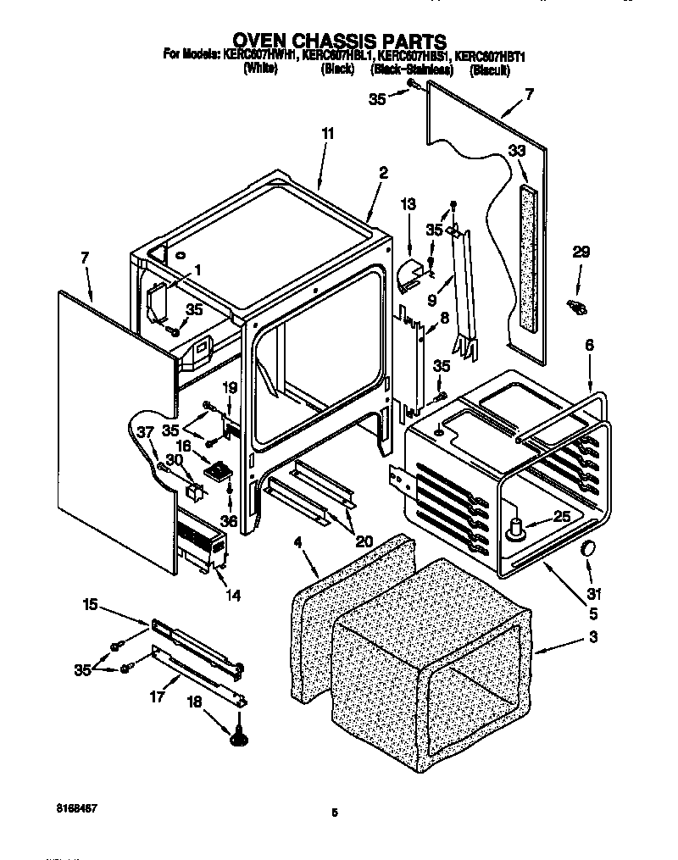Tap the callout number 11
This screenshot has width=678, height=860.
(x=327, y=134)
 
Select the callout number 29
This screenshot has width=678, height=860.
(x=581, y=252)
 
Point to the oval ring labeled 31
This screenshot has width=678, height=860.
(x=586, y=551)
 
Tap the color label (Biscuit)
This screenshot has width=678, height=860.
(x=490, y=70)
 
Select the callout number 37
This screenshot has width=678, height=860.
(x=146, y=432)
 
